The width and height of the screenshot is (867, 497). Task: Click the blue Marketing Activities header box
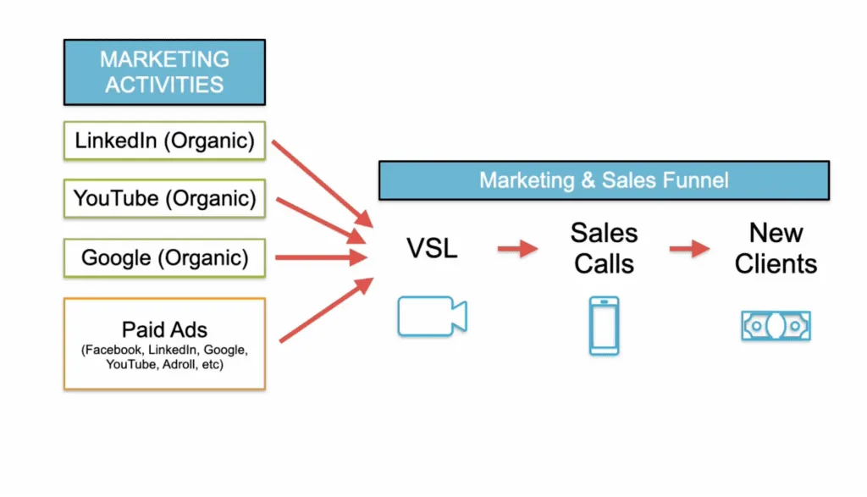pyautogui.click(x=164, y=72)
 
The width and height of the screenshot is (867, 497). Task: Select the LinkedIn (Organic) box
pyautogui.click(x=164, y=141)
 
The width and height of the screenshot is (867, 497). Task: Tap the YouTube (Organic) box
pyautogui.click(x=164, y=199)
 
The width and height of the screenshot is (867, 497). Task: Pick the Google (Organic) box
pyautogui.click(x=164, y=257)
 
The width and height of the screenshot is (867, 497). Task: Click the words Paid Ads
pyautogui.click(x=164, y=329)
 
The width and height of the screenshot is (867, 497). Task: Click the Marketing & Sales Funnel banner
pyautogui.click(x=603, y=180)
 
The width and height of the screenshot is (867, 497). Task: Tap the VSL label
pyautogui.click(x=433, y=249)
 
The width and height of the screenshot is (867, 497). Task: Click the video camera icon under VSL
pyautogui.click(x=432, y=317)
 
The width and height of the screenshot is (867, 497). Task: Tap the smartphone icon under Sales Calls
pyautogui.click(x=604, y=325)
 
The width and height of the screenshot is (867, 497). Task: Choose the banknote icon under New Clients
pyautogui.click(x=776, y=325)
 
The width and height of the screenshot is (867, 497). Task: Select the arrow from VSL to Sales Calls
pyautogui.click(x=517, y=249)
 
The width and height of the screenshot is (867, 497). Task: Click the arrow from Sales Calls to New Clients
pyautogui.click(x=689, y=249)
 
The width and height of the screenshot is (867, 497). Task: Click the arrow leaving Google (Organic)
pyautogui.click(x=323, y=257)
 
